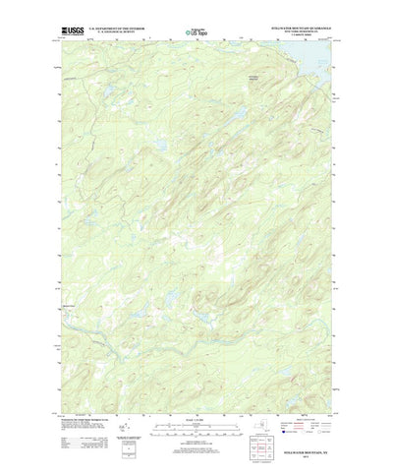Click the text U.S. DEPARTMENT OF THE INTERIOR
coord(117,30)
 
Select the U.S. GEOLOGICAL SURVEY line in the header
coord(117,33)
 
